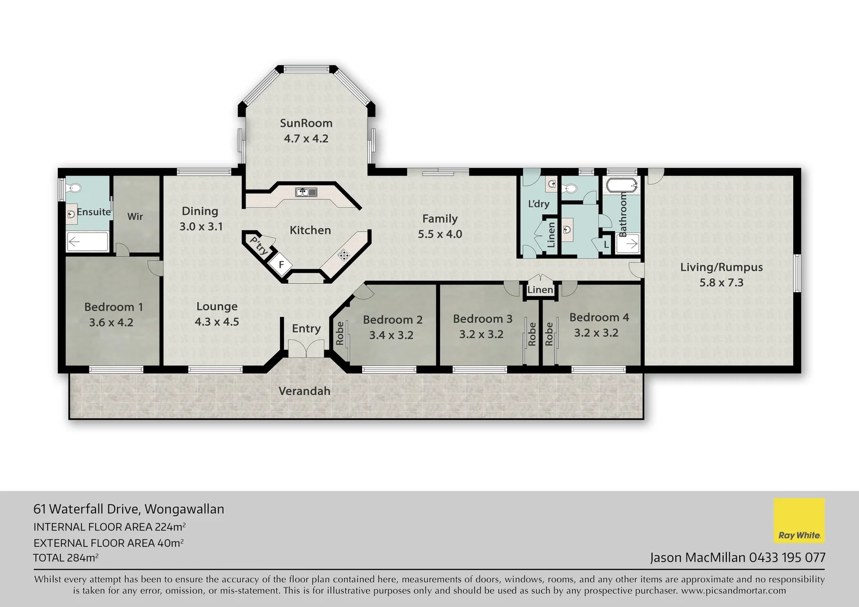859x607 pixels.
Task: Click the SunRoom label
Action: coord(306,123)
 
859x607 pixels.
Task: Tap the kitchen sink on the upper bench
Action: coord(306,192)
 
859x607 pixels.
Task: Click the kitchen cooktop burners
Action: coord(343,255)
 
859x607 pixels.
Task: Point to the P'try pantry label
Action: coord(259,246)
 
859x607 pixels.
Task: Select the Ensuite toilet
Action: coord(72,188)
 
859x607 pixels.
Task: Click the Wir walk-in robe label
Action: coord(135,216)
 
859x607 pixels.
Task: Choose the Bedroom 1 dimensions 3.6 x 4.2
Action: coord(111,323)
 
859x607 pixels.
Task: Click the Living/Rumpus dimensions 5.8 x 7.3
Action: coord(721,283)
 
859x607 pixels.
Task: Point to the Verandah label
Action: coord(304,391)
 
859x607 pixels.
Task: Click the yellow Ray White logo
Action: coord(799,520)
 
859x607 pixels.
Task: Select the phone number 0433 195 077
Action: coord(787,558)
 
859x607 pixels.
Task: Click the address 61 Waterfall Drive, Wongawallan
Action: coord(129,509)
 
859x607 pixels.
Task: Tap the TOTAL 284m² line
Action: coord(66,558)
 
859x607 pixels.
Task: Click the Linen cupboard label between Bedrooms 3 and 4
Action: coord(540,290)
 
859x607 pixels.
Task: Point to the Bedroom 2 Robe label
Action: coord(340,333)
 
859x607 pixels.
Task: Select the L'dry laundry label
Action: coord(538,203)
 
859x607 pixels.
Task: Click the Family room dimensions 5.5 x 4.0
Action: coord(440,234)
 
